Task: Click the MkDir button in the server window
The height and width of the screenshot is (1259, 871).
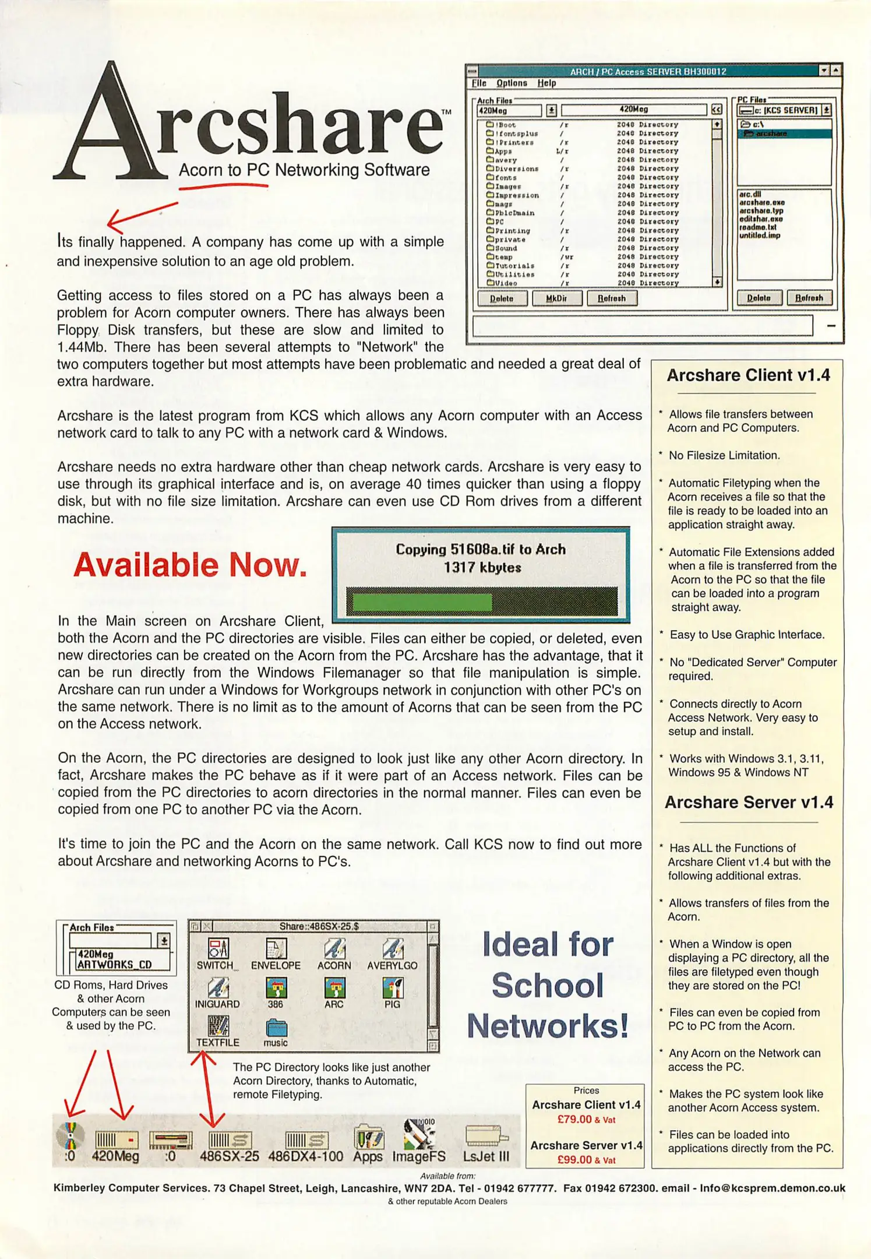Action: tap(556, 298)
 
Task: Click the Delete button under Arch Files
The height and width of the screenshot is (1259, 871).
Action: tap(502, 298)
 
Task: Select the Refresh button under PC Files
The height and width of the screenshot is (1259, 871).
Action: tap(809, 298)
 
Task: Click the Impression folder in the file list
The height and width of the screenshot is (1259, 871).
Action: tap(516, 195)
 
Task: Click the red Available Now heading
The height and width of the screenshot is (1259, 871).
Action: tap(190, 565)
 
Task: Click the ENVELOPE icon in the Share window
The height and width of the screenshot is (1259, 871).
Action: tap(276, 949)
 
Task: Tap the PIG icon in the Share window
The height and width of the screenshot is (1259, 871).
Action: tap(392, 989)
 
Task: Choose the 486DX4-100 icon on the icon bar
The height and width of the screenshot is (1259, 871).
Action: tap(306, 1141)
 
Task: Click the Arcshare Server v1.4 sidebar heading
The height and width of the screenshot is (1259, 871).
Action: tap(749, 803)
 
